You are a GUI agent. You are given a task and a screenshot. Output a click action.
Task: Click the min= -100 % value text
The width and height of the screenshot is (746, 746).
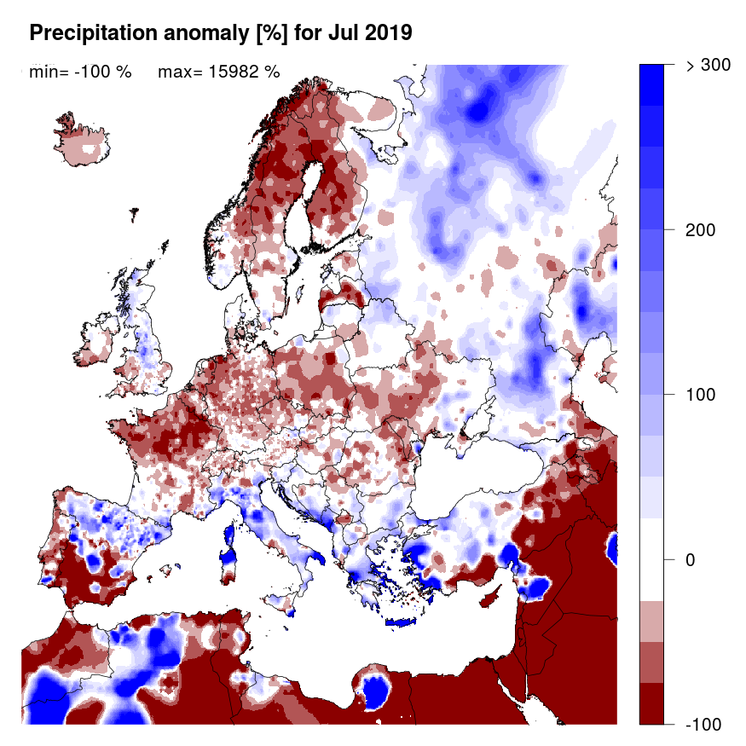(80, 72)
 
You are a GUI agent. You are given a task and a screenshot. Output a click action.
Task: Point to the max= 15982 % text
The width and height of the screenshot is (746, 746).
(219, 72)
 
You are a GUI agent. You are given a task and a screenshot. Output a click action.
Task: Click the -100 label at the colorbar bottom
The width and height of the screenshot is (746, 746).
(703, 724)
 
